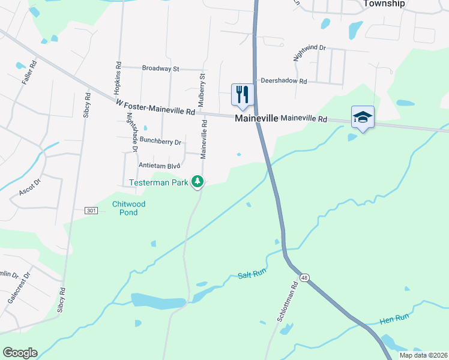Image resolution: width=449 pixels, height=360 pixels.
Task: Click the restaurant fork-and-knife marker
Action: tap(243, 95)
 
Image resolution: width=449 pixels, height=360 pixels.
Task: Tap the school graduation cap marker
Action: tap(363, 116)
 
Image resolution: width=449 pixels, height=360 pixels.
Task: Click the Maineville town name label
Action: tap(256, 119)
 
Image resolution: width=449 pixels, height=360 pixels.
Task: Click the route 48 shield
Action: tap(306, 277)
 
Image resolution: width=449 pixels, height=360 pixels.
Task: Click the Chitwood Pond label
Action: tap(129, 208)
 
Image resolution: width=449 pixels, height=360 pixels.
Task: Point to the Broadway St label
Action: tap(160, 69)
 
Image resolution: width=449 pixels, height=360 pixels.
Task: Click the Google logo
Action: tap(20, 353)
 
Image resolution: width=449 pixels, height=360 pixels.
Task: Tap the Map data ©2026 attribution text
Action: tap(423, 355)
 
